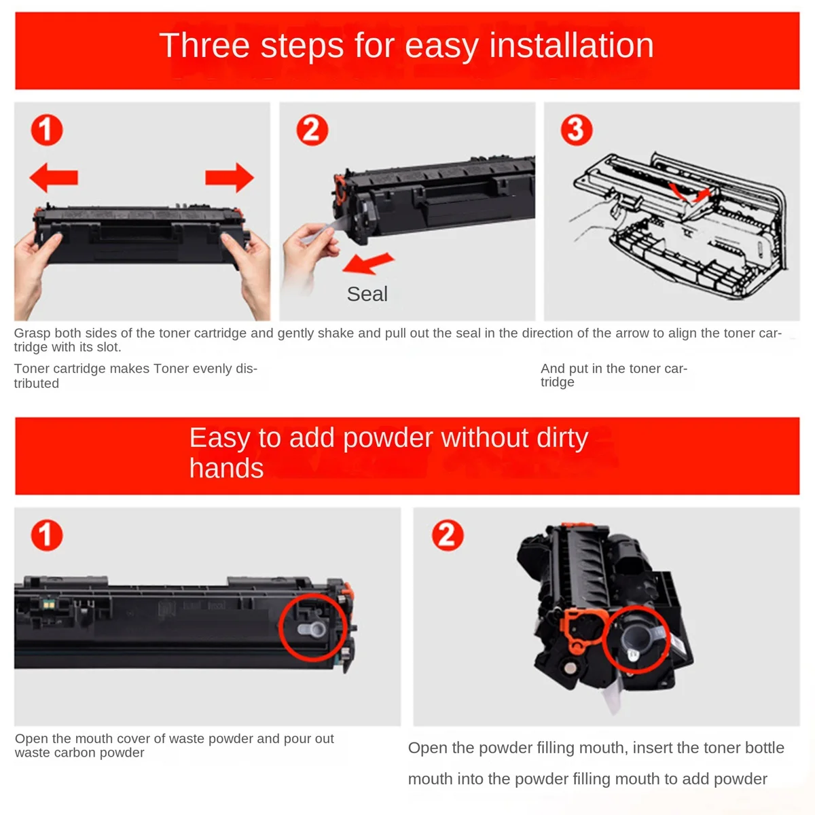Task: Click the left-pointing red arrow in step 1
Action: pyautogui.click(x=53, y=177)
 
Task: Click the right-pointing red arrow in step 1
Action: pyautogui.click(x=230, y=177)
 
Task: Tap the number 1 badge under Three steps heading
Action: pyautogui.click(x=47, y=130)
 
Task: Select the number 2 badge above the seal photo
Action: pyautogui.click(x=312, y=130)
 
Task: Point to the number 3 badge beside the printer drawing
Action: pyautogui.click(x=577, y=130)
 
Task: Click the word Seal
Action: pyautogui.click(x=367, y=294)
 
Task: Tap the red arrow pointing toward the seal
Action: pyautogui.click(x=368, y=263)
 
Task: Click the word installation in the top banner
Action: pyautogui.click(x=571, y=46)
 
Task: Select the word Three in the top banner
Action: pyautogui.click(x=204, y=46)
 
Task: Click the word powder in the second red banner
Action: pyautogui.click(x=388, y=438)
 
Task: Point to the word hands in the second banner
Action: pyautogui.click(x=226, y=468)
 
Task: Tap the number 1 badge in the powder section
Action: pyautogui.click(x=47, y=535)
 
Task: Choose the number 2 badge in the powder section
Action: pyautogui.click(x=448, y=535)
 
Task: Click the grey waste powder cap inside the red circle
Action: pyautogui.click(x=312, y=630)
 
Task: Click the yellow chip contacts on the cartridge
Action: pyautogui.click(x=49, y=605)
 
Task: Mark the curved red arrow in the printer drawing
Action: pyautogui.click(x=689, y=194)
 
